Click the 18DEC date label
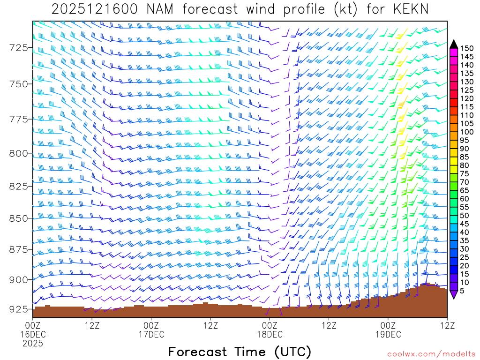[x=270, y=334]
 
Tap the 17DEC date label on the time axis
[x=151, y=334]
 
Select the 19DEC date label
[x=388, y=334]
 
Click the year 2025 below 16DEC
[x=33, y=343]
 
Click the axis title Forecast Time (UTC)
[x=240, y=352]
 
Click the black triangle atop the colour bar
[x=454, y=44]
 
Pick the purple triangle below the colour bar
[x=454, y=294]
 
